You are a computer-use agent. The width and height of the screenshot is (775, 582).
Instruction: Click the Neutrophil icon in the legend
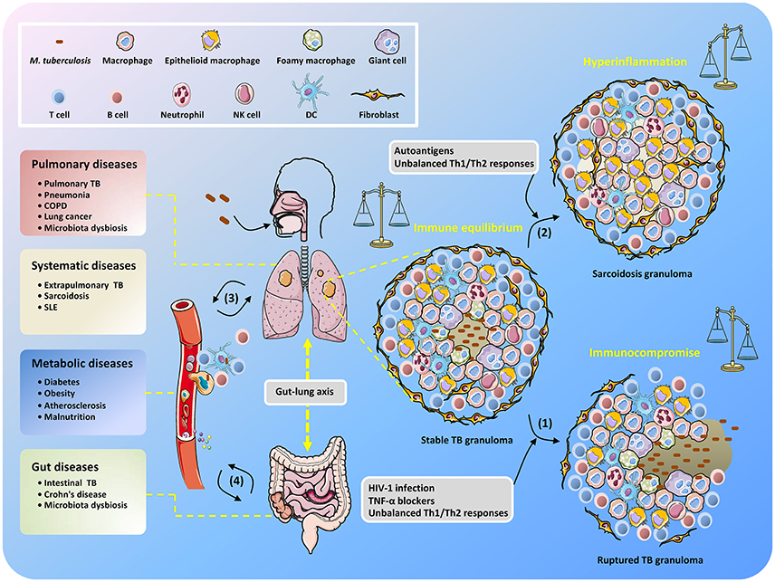pyautogui.click(x=181, y=95)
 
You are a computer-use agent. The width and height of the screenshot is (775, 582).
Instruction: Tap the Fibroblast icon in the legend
pyautogui.click(x=378, y=94)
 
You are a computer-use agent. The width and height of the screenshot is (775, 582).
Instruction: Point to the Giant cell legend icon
pyautogui.click(x=387, y=42)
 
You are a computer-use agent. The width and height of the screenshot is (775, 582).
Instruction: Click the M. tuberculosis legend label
pyautogui.click(x=61, y=61)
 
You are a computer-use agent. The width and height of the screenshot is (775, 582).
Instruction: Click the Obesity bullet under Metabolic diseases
pyautogui.click(x=56, y=393)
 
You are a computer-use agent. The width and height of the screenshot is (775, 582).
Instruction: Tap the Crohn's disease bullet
pyautogui.click(x=72, y=494)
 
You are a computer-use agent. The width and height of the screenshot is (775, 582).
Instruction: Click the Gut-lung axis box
pyautogui.click(x=304, y=392)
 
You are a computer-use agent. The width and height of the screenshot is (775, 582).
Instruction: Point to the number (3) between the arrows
pyautogui.click(x=231, y=298)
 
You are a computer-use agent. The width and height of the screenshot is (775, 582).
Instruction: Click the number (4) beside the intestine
pyautogui.click(x=236, y=481)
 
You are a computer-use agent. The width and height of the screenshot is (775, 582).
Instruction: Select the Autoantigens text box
pyautogui.click(x=464, y=157)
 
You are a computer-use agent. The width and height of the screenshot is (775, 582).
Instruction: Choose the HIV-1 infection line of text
pyautogui.click(x=401, y=488)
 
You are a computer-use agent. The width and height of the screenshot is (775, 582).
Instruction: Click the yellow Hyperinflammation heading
pyautogui.click(x=636, y=62)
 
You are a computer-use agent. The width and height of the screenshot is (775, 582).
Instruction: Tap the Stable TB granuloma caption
pyautogui.click(x=466, y=440)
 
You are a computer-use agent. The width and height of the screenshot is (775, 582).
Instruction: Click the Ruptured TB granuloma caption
pyautogui.click(x=650, y=560)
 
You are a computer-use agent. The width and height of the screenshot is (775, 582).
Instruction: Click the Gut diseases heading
pyautogui.click(x=65, y=467)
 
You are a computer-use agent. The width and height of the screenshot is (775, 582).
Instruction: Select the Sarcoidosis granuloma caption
pyautogui.click(x=642, y=273)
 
